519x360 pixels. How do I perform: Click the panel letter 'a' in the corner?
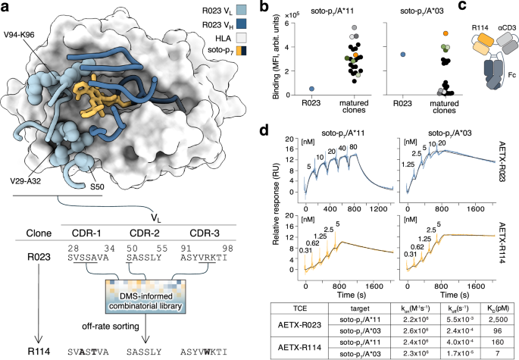pyautogui.click(x=5, y=7)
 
